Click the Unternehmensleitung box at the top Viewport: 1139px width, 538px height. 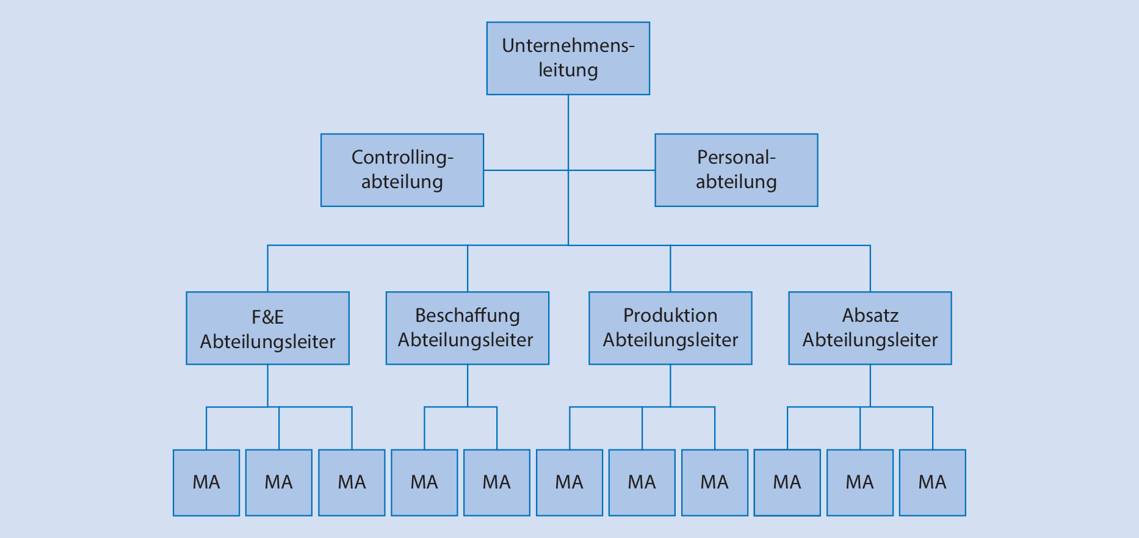(568, 59)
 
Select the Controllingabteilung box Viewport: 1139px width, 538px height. (402, 170)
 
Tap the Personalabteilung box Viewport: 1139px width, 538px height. (736, 170)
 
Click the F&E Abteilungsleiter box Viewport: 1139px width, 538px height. (267, 328)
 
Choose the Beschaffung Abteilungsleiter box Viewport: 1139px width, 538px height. (467, 328)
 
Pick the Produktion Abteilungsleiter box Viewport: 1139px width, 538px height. (670, 328)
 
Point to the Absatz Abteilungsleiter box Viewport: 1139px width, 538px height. (870, 328)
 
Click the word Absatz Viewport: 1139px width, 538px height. (870, 316)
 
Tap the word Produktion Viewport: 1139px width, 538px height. (670, 316)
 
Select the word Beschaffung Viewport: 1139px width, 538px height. (467, 316)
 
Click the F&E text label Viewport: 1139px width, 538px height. (267, 317)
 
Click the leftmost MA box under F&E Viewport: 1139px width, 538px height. (206, 482)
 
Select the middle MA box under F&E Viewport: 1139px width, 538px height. (279, 482)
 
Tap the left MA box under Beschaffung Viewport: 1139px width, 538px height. (424, 482)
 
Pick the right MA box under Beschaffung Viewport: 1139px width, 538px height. (497, 482)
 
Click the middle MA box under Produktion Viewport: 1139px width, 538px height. (642, 482)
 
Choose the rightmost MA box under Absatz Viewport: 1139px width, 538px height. (932, 482)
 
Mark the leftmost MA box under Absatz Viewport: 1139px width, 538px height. (787, 482)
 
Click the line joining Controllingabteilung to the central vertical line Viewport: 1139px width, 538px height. (525, 170)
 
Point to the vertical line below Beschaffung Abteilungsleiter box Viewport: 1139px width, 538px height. (468, 385)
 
